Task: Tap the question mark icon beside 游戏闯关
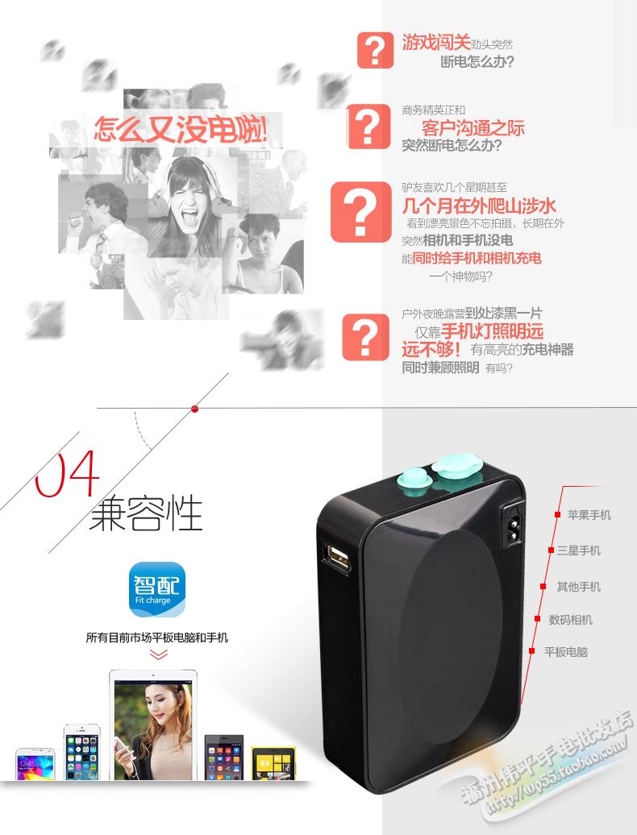(376, 50)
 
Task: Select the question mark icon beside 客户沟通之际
(368, 127)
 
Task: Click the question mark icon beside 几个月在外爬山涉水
(360, 212)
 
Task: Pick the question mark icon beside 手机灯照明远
(365, 337)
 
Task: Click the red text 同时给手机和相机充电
(477, 258)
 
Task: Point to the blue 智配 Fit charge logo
(157, 589)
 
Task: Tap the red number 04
(68, 473)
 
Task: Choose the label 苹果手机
(589, 515)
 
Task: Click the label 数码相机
(570, 620)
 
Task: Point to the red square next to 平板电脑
(531, 650)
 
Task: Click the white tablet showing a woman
(153, 725)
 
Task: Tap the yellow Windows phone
(273, 764)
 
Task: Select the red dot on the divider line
(194, 409)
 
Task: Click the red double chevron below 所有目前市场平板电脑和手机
(159, 654)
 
